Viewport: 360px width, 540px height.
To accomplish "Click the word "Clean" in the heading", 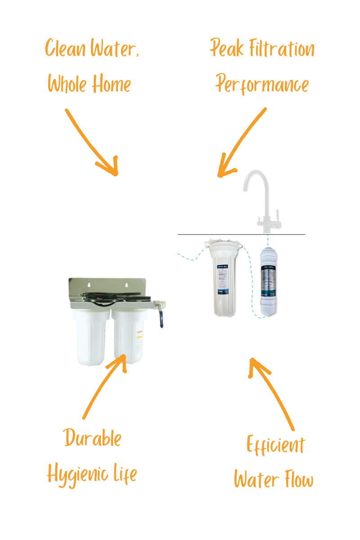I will (65, 48).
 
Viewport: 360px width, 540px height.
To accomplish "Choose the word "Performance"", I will (262, 84).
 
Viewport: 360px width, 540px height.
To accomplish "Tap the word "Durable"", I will (92, 438).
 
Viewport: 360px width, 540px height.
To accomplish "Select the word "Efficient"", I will (275, 445).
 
